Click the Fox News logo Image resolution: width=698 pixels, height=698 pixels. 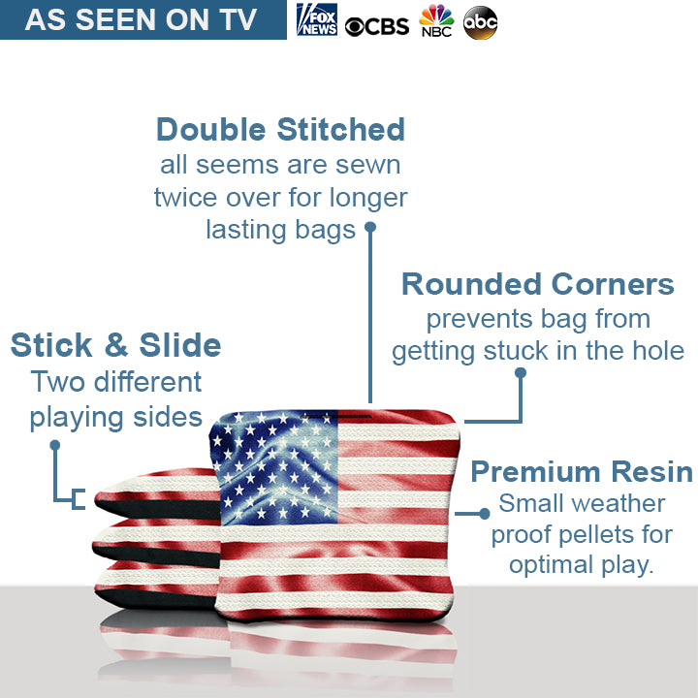tap(316, 20)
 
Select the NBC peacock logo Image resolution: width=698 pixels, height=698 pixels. tap(436, 20)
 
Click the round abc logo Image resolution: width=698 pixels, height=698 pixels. tap(480, 22)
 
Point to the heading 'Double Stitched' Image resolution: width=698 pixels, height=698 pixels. tap(280, 129)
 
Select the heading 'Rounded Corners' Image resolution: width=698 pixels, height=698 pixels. tap(537, 284)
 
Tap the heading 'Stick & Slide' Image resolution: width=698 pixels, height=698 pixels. tap(115, 345)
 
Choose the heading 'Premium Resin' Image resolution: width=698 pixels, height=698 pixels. tap(582, 472)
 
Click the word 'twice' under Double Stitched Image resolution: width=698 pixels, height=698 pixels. tap(187, 198)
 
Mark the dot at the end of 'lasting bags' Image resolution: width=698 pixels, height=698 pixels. tap(369, 229)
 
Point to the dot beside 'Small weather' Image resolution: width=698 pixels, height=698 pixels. tap(485, 513)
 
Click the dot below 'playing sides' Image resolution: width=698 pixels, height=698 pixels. tap(55, 445)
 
